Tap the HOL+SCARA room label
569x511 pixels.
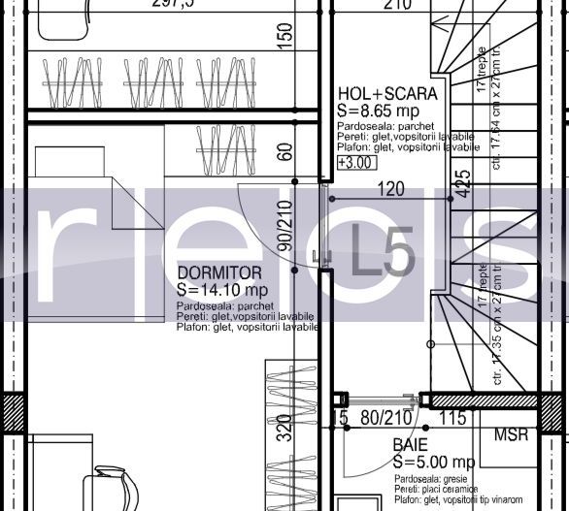(387, 94)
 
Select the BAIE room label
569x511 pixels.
(410, 445)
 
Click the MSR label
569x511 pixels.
(512, 435)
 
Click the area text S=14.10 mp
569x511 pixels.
(222, 289)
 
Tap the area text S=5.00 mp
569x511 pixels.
(433, 462)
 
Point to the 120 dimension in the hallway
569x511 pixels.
(390, 190)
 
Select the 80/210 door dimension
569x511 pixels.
(380, 419)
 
